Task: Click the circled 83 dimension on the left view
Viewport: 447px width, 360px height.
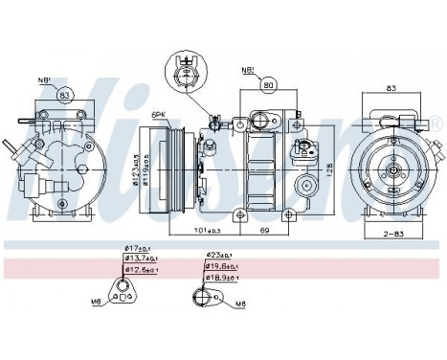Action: pyautogui.click(x=64, y=95)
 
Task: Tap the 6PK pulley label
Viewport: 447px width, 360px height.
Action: pyautogui.click(x=157, y=114)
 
